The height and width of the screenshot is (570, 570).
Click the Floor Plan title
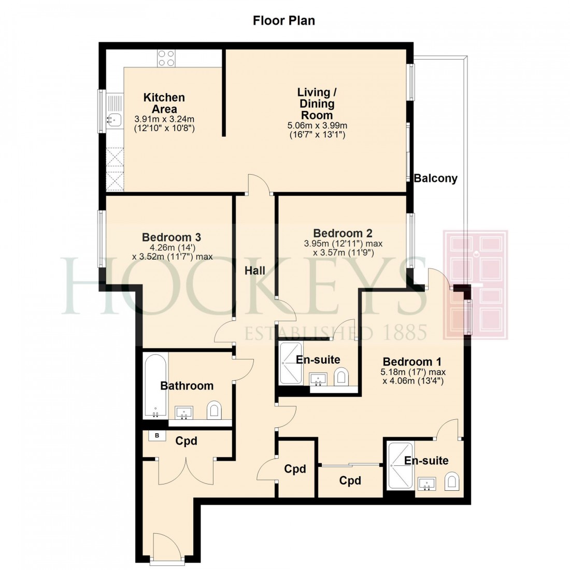tap(283, 21)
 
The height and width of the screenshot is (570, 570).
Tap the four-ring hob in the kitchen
tap(166, 58)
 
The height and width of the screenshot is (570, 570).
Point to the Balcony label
tap(435, 179)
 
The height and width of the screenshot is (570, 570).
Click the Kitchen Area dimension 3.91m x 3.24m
tap(164, 119)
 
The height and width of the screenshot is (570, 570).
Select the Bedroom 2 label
tap(343, 233)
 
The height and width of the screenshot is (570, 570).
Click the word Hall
tap(255, 270)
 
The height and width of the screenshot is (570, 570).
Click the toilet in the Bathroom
tap(214, 411)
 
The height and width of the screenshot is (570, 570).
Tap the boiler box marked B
tap(156, 436)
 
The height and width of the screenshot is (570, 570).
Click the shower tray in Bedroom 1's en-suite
tap(401, 465)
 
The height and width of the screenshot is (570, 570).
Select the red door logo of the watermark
tap(475, 285)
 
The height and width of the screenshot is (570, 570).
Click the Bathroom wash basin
tap(184, 413)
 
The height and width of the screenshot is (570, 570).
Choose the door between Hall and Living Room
tap(259, 186)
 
